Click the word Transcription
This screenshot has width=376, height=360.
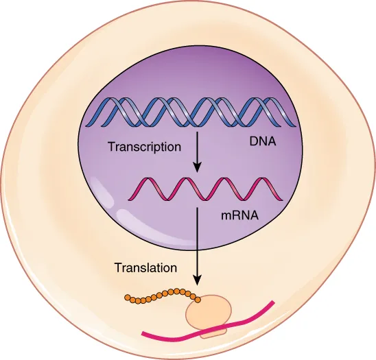click(x=143, y=147)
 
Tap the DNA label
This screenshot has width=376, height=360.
click(x=261, y=145)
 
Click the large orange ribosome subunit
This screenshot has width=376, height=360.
click(x=208, y=313)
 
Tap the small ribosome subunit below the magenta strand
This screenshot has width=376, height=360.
click(x=212, y=333)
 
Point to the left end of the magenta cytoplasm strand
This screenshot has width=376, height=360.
click(x=143, y=335)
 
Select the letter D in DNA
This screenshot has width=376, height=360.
click(x=252, y=145)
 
